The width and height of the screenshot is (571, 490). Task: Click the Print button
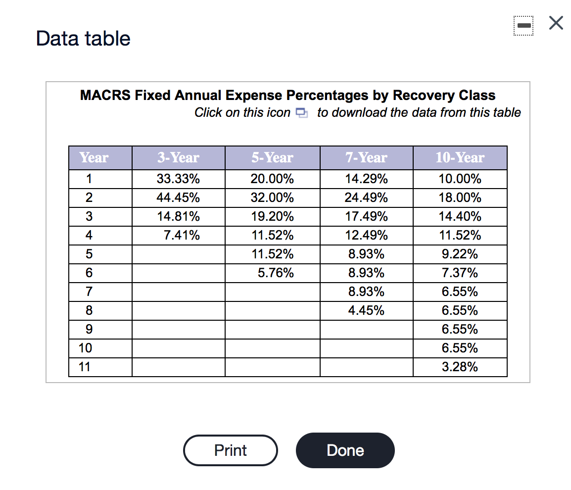pyautogui.click(x=230, y=450)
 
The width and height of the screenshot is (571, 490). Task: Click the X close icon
pyautogui.click(x=556, y=24)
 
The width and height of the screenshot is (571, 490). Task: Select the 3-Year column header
pyautogui.click(x=178, y=158)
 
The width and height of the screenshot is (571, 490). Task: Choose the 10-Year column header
pyautogui.click(x=460, y=158)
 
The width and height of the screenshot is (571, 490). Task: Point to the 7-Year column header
pyautogui.click(x=366, y=158)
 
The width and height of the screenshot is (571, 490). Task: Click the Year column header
pyautogui.click(x=94, y=158)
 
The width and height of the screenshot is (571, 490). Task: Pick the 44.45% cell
pyautogui.click(x=178, y=198)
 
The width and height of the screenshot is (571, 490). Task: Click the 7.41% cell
pyautogui.click(x=182, y=236)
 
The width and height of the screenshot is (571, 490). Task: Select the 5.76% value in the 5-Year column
pyautogui.click(x=276, y=273)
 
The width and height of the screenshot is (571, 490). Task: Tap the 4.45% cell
pyautogui.click(x=366, y=311)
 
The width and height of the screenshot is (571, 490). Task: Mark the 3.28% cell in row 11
pyautogui.click(x=460, y=367)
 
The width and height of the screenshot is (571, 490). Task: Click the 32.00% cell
pyautogui.click(x=272, y=198)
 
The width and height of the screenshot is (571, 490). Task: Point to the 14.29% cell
pyautogui.click(x=366, y=179)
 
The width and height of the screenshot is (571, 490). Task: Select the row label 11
pyautogui.click(x=85, y=367)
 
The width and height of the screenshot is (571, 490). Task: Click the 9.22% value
pyautogui.click(x=460, y=254)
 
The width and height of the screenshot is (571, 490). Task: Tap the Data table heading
pyautogui.click(x=83, y=39)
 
